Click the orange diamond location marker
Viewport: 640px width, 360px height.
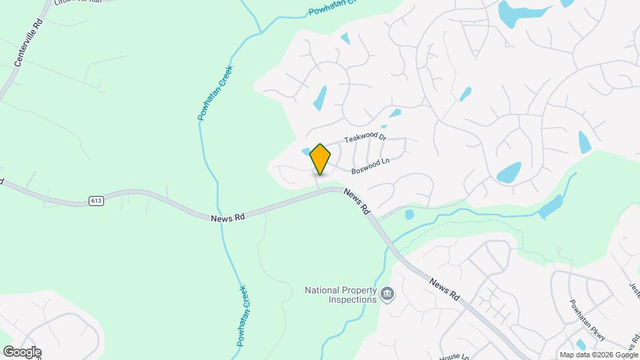click(320, 159)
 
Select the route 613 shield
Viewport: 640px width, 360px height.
click(97, 200)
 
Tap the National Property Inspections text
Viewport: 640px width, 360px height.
click(341, 294)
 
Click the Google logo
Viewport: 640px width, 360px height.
click(21, 352)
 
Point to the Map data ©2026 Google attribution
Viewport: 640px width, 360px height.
click(599, 355)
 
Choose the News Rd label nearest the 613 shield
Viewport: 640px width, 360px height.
click(227, 217)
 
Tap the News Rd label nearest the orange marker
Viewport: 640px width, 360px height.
click(357, 200)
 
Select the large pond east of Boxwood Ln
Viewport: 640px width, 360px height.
click(509, 173)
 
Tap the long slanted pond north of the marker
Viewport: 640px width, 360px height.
click(320, 99)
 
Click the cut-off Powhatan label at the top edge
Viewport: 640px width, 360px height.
click(333, 10)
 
